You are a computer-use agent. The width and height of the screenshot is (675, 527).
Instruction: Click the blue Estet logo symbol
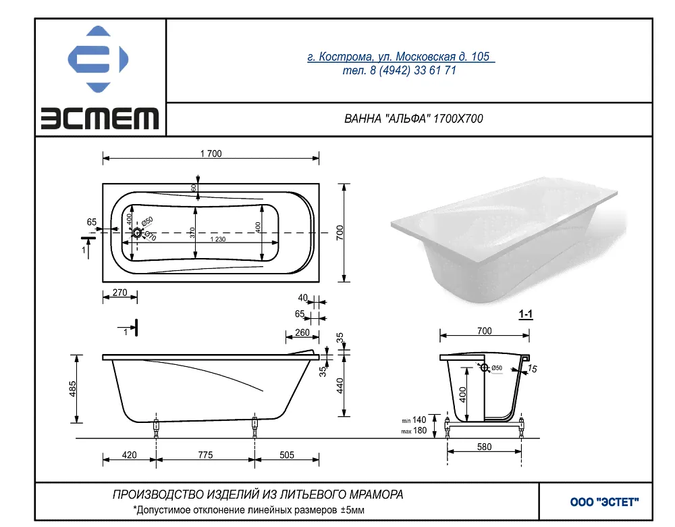click(x=98, y=59)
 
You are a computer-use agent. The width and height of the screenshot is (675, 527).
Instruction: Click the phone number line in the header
click(x=400, y=70)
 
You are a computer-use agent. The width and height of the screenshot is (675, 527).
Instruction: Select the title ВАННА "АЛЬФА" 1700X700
click(x=413, y=118)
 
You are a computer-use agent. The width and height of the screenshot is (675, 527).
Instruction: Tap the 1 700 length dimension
click(x=211, y=153)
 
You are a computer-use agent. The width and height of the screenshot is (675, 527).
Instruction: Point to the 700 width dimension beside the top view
click(x=340, y=232)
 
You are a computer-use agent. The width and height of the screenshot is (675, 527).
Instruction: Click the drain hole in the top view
click(x=137, y=232)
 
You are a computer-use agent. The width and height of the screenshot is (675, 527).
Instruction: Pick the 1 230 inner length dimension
click(x=218, y=239)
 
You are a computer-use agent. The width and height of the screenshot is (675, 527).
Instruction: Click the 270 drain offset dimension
click(x=119, y=293)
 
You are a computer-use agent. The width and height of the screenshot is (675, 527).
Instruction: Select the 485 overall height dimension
click(x=73, y=388)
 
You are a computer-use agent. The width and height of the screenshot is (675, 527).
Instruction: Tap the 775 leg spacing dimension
click(x=205, y=455)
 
